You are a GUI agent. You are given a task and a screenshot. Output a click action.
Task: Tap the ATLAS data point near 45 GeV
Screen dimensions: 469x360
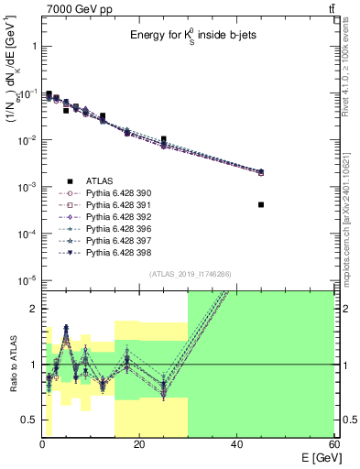coord(261,204)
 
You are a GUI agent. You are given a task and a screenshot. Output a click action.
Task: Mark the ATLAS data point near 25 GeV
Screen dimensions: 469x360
coord(164,140)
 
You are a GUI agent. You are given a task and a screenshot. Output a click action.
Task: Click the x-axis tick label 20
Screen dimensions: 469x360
coord(139,444)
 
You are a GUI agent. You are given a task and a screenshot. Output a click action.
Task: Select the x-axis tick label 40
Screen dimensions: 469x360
coord(236,444)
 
